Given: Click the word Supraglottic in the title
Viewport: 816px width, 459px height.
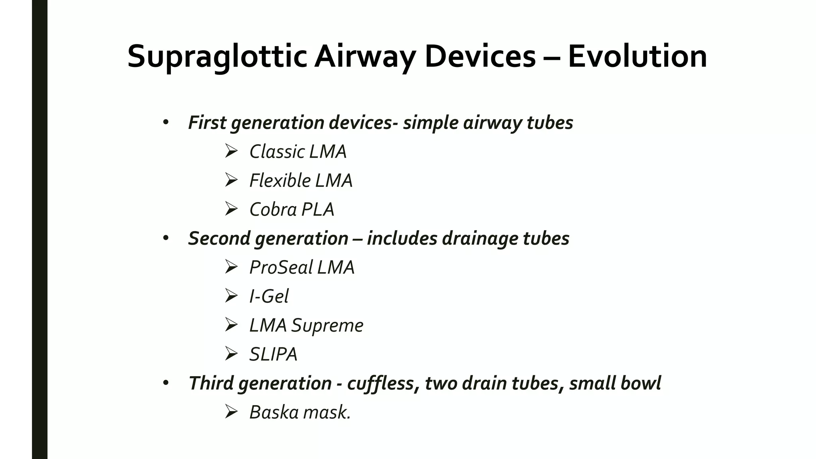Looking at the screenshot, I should [217, 57].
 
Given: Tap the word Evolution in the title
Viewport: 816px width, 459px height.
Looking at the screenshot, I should [637, 57].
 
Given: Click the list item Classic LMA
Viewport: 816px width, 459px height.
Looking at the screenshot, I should [298, 152].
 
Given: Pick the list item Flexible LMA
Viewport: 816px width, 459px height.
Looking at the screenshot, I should [301, 180].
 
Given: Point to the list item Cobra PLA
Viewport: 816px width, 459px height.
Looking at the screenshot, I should [292, 210].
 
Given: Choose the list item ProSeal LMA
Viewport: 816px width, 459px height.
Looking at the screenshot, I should [302, 267].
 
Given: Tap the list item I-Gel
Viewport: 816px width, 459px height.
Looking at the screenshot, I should [269, 296].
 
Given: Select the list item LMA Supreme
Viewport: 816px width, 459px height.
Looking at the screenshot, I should [306, 325].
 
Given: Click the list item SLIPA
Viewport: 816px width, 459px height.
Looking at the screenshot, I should [273, 354].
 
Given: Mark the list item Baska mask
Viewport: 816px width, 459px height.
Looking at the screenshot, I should [300, 412].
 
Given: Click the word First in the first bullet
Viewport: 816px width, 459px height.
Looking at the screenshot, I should [207, 123].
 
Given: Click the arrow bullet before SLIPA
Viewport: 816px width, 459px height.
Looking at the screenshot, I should [231, 353].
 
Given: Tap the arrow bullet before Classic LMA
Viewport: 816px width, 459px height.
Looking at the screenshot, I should [231, 151].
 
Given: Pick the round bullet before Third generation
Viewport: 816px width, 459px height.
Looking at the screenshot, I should [166, 383].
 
